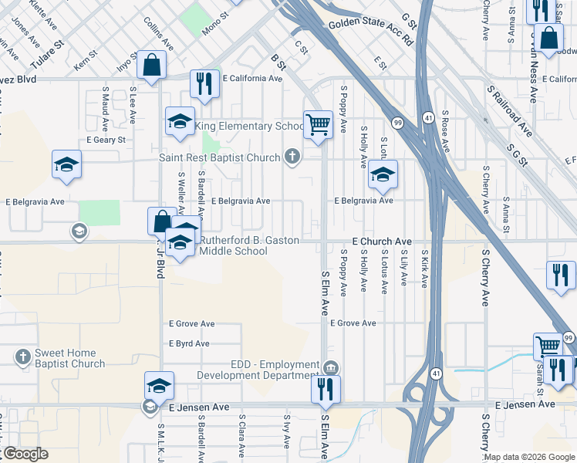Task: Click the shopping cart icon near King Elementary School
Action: tap(318, 123)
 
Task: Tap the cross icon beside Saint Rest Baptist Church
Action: tap(292, 157)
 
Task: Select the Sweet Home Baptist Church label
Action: tap(69, 359)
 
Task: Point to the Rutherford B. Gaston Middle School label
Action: tap(248, 245)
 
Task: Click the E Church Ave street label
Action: tap(382, 242)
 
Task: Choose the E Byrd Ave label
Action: tap(189, 343)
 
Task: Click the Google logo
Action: tap(25, 454)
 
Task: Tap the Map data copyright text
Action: tap(529, 457)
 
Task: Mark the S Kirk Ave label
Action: tap(424, 268)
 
